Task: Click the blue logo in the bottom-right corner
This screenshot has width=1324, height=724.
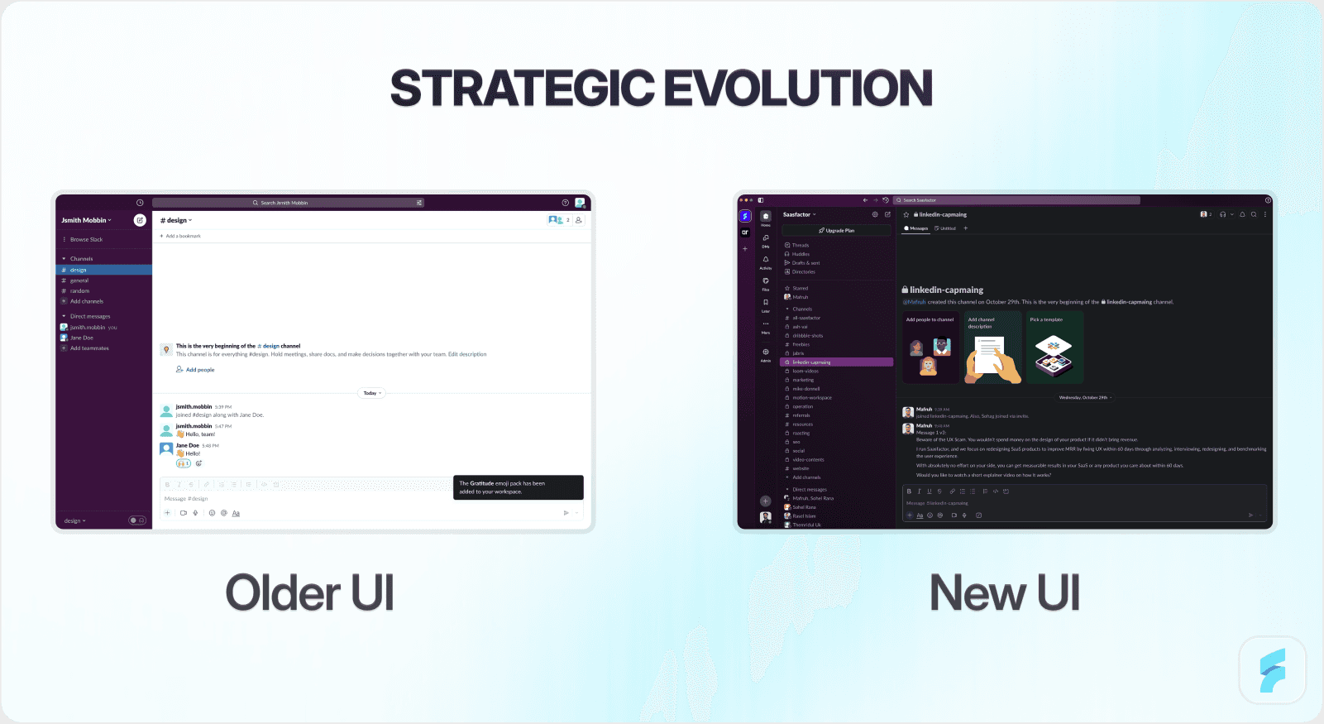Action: (1273, 670)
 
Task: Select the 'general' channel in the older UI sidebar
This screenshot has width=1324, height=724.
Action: (79, 280)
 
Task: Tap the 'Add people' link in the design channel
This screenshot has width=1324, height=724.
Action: (199, 370)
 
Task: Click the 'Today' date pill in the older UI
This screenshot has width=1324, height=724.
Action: (372, 393)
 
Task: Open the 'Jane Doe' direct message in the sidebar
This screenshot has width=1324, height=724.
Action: (81, 338)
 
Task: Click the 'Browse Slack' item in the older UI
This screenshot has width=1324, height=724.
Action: (86, 239)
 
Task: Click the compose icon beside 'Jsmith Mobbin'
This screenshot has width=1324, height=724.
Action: (140, 220)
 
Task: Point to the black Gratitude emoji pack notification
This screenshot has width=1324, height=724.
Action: (518, 487)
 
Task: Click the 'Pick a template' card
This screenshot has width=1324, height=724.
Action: (1054, 348)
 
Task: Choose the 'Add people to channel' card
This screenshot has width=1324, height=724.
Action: (930, 348)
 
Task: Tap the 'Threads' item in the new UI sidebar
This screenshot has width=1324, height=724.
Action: (801, 245)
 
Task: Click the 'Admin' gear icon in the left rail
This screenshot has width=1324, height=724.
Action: (766, 352)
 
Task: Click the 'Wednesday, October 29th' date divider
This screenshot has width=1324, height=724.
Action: (1083, 397)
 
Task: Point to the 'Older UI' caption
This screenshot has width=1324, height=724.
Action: (310, 592)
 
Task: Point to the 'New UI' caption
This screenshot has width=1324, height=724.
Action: (1005, 592)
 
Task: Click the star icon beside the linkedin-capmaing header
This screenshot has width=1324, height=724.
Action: (906, 214)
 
